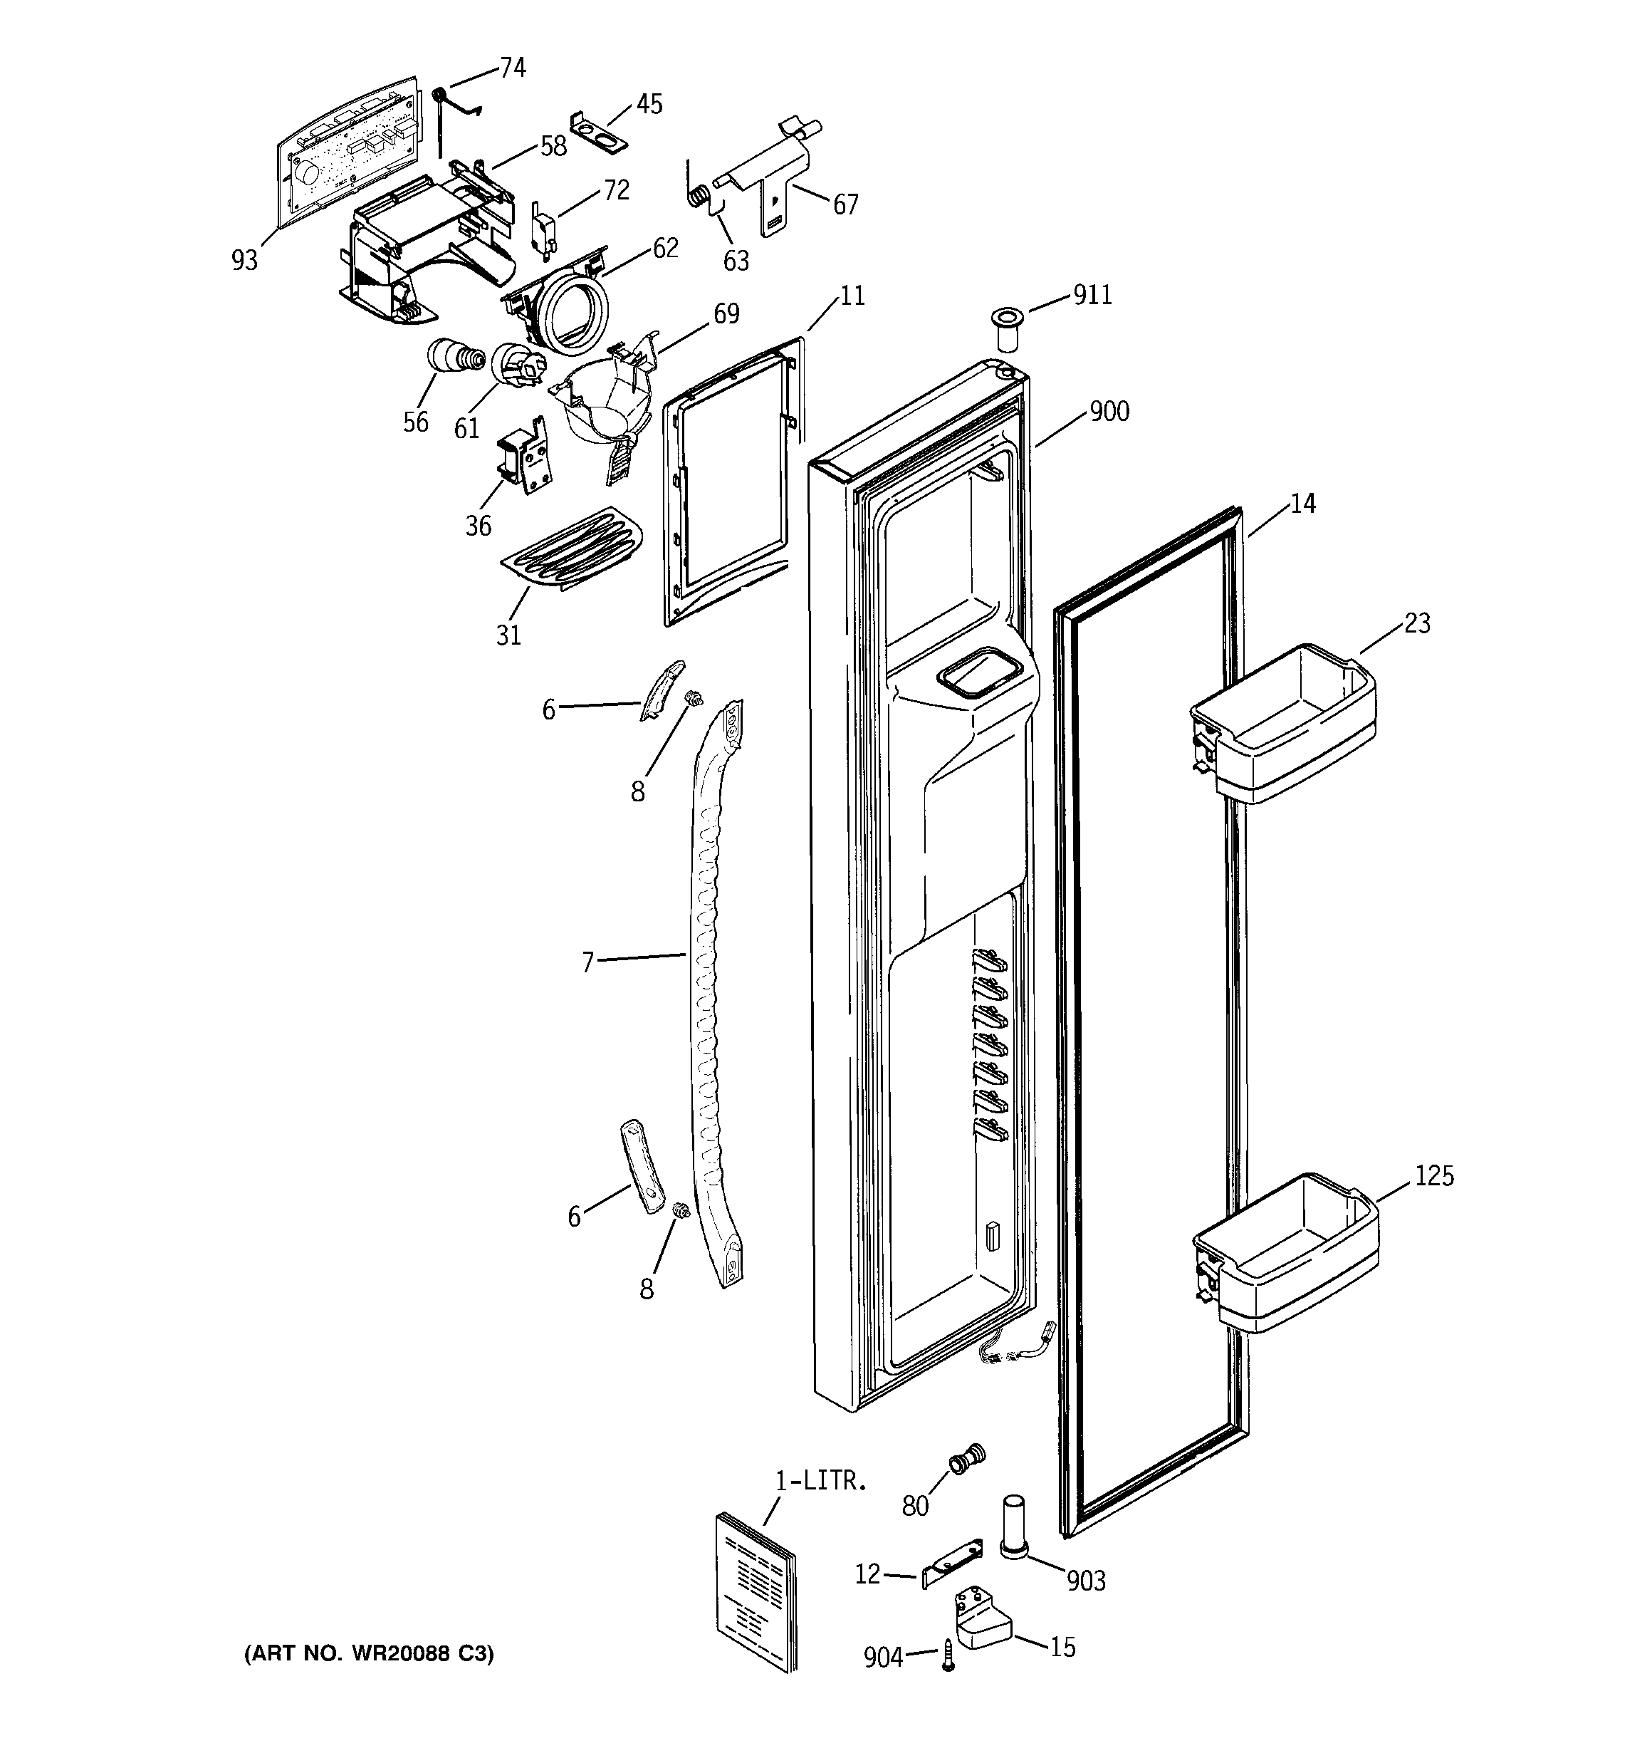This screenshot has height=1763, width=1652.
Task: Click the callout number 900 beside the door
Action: click(x=1109, y=412)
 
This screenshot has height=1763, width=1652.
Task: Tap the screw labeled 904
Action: click(x=948, y=1655)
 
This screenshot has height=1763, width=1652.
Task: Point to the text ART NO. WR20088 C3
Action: click(x=369, y=1653)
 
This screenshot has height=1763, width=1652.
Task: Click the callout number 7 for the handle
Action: click(x=587, y=962)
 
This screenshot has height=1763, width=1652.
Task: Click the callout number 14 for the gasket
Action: click(x=1302, y=504)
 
